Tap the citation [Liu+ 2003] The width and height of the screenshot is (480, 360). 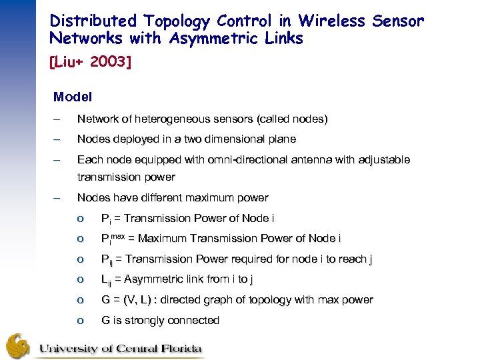[x=89, y=63]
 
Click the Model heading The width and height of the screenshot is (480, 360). [x=72, y=97]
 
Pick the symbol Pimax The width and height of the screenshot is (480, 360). [x=114, y=238]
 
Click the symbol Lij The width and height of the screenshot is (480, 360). [x=107, y=280]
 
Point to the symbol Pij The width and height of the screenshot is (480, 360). [x=108, y=259]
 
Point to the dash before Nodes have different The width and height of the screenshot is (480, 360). [x=57, y=198]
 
